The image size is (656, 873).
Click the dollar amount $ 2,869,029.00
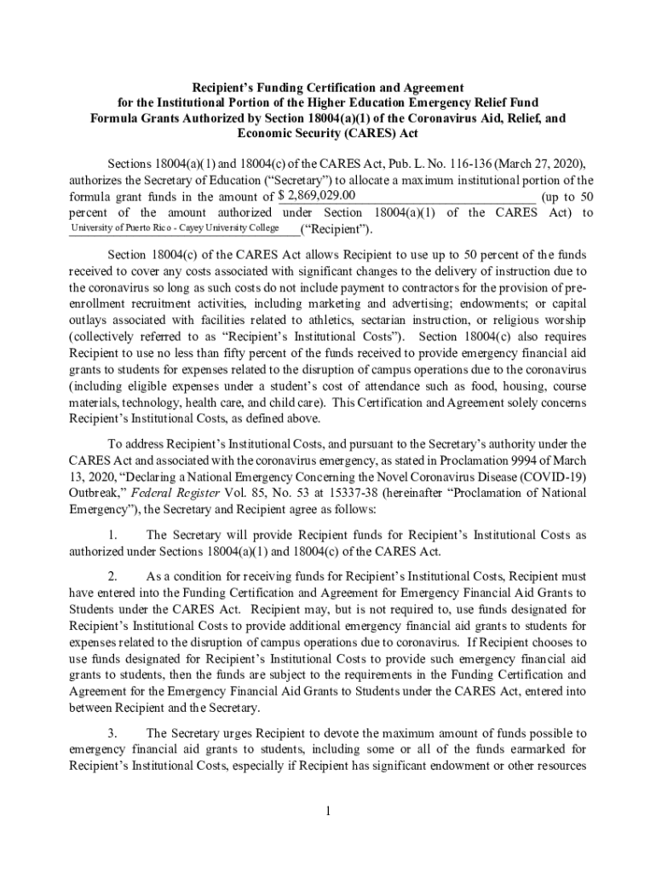(x=311, y=196)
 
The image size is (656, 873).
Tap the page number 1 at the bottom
(x=327, y=810)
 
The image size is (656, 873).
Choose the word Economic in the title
(x=275, y=134)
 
